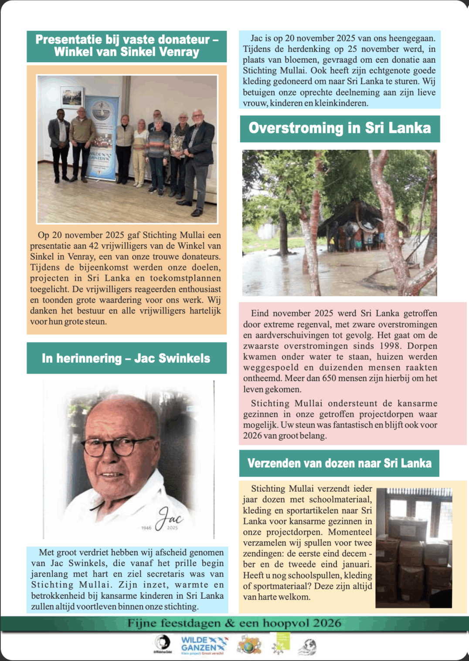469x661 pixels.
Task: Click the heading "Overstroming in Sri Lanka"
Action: [x=340, y=128]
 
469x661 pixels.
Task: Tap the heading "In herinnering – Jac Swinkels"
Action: [x=126, y=358]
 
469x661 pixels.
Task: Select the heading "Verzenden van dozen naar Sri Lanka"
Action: [x=339, y=463]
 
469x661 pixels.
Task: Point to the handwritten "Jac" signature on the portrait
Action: [x=170, y=518]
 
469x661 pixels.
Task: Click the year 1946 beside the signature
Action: [x=146, y=528]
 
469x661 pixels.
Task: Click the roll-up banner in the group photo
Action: [x=101, y=137]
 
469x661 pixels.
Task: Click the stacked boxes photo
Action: [x=414, y=548]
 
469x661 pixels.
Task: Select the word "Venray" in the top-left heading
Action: [x=179, y=52]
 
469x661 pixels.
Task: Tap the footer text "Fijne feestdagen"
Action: [x=174, y=624]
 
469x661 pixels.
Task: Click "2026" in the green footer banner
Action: [x=327, y=624]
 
